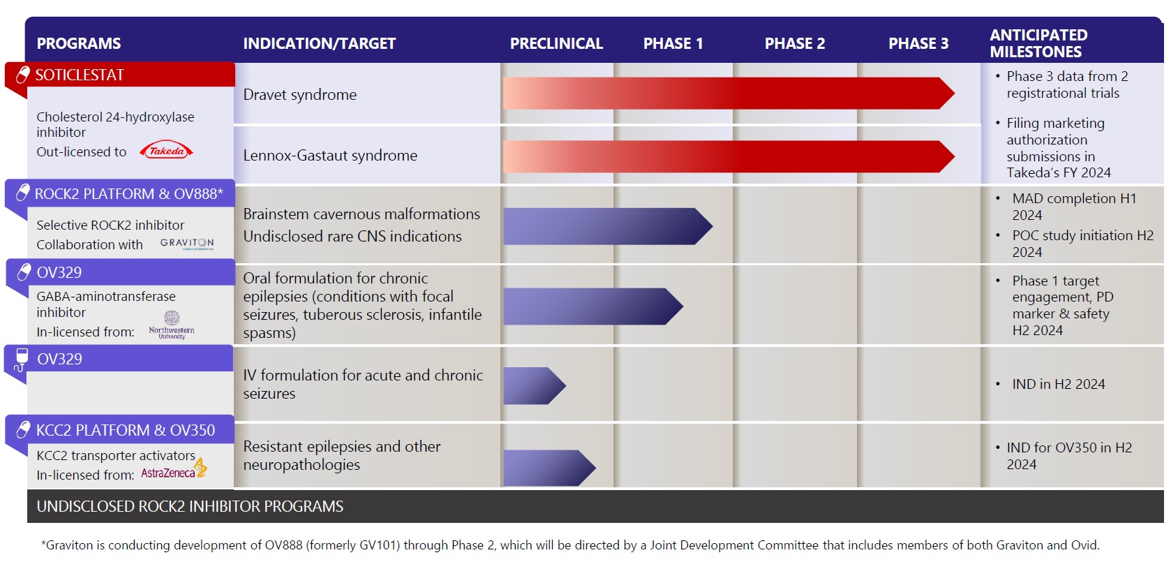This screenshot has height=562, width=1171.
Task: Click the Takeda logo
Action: tap(166, 150)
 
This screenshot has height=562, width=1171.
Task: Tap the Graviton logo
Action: tap(187, 244)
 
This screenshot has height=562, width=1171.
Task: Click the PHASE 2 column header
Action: tap(794, 43)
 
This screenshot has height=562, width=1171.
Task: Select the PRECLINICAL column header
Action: tap(556, 43)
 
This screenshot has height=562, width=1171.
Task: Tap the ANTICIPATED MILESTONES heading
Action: tap(1038, 43)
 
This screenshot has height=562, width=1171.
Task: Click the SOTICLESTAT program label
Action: tap(80, 75)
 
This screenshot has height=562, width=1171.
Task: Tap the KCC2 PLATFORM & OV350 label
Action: tap(126, 430)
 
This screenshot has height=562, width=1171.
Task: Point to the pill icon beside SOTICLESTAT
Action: tap(23, 75)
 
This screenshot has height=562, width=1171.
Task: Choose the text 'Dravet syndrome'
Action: tap(299, 95)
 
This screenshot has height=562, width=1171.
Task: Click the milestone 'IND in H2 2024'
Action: tap(1058, 384)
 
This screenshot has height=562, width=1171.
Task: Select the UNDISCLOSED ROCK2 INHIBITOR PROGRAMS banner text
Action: tap(190, 506)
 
